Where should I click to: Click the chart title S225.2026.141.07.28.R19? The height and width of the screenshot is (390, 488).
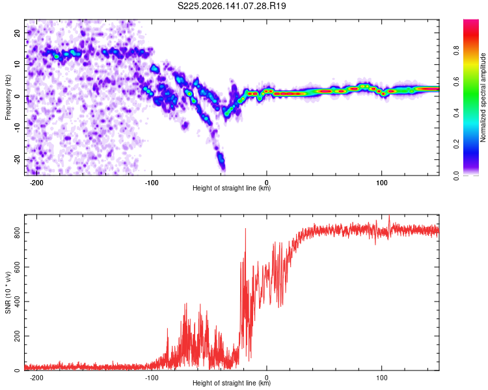[x=232, y=6]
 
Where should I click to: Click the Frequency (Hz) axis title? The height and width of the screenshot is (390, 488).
[x=8, y=97]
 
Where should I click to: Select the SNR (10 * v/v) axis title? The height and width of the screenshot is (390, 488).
[x=8, y=292]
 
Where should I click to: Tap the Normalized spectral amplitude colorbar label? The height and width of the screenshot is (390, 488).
[x=483, y=97]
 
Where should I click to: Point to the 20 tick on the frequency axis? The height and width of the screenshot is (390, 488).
[x=17, y=32]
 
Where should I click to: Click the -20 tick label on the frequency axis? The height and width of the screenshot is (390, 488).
[x=17, y=159]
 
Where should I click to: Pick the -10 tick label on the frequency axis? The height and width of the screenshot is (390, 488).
[x=17, y=127]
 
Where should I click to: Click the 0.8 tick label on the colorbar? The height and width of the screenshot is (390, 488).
[x=456, y=50]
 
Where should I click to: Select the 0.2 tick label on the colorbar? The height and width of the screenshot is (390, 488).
[x=456, y=144]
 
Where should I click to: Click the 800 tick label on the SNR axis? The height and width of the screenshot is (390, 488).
[x=17, y=232]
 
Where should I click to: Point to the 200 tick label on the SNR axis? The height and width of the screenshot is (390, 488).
[x=17, y=336]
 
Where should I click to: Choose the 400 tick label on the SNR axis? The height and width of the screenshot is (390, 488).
[x=17, y=302]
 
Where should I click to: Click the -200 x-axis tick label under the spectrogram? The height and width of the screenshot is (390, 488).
[x=36, y=183]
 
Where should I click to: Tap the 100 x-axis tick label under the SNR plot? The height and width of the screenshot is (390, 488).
[x=381, y=378]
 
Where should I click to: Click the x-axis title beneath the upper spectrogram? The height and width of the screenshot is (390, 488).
[x=232, y=188]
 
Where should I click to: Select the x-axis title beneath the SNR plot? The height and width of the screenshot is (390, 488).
[x=232, y=383]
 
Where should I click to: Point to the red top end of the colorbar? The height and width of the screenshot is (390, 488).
[x=471, y=22]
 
